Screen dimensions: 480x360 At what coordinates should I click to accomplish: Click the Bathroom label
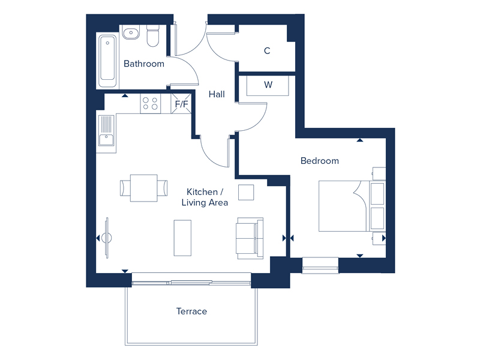(144, 64)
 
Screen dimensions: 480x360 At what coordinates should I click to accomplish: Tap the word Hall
(217, 94)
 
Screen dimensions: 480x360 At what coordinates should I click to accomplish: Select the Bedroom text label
(320, 161)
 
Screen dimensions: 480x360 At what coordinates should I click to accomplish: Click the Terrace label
(191, 311)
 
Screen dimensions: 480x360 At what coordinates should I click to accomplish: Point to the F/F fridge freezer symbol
(181, 104)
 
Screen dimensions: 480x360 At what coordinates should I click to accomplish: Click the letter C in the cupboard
(267, 51)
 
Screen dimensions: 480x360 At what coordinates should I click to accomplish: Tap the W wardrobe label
(268, 85)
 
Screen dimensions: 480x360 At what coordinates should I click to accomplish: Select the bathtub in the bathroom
(107, 61)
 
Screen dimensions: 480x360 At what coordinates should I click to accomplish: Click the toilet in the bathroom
(153, 36)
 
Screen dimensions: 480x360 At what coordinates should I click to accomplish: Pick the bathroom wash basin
(131, 32)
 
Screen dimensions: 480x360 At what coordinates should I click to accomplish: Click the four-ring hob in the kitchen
(151, 103)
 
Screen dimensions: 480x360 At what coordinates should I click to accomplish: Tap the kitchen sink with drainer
(106, 131)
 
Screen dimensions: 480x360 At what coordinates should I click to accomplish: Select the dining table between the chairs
(143, 188)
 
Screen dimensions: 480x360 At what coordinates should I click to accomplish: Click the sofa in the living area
(250, 238)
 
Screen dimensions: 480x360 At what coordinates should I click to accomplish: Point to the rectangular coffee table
(182, 238)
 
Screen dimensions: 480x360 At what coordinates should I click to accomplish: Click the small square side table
(246, 192)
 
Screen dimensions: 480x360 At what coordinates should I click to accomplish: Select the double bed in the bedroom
(352, 206)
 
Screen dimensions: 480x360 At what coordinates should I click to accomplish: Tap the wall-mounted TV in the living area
(107, 238)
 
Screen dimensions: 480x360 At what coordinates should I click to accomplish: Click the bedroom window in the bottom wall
(320, 265)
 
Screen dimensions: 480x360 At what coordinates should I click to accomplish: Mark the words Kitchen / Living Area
(205, 197)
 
